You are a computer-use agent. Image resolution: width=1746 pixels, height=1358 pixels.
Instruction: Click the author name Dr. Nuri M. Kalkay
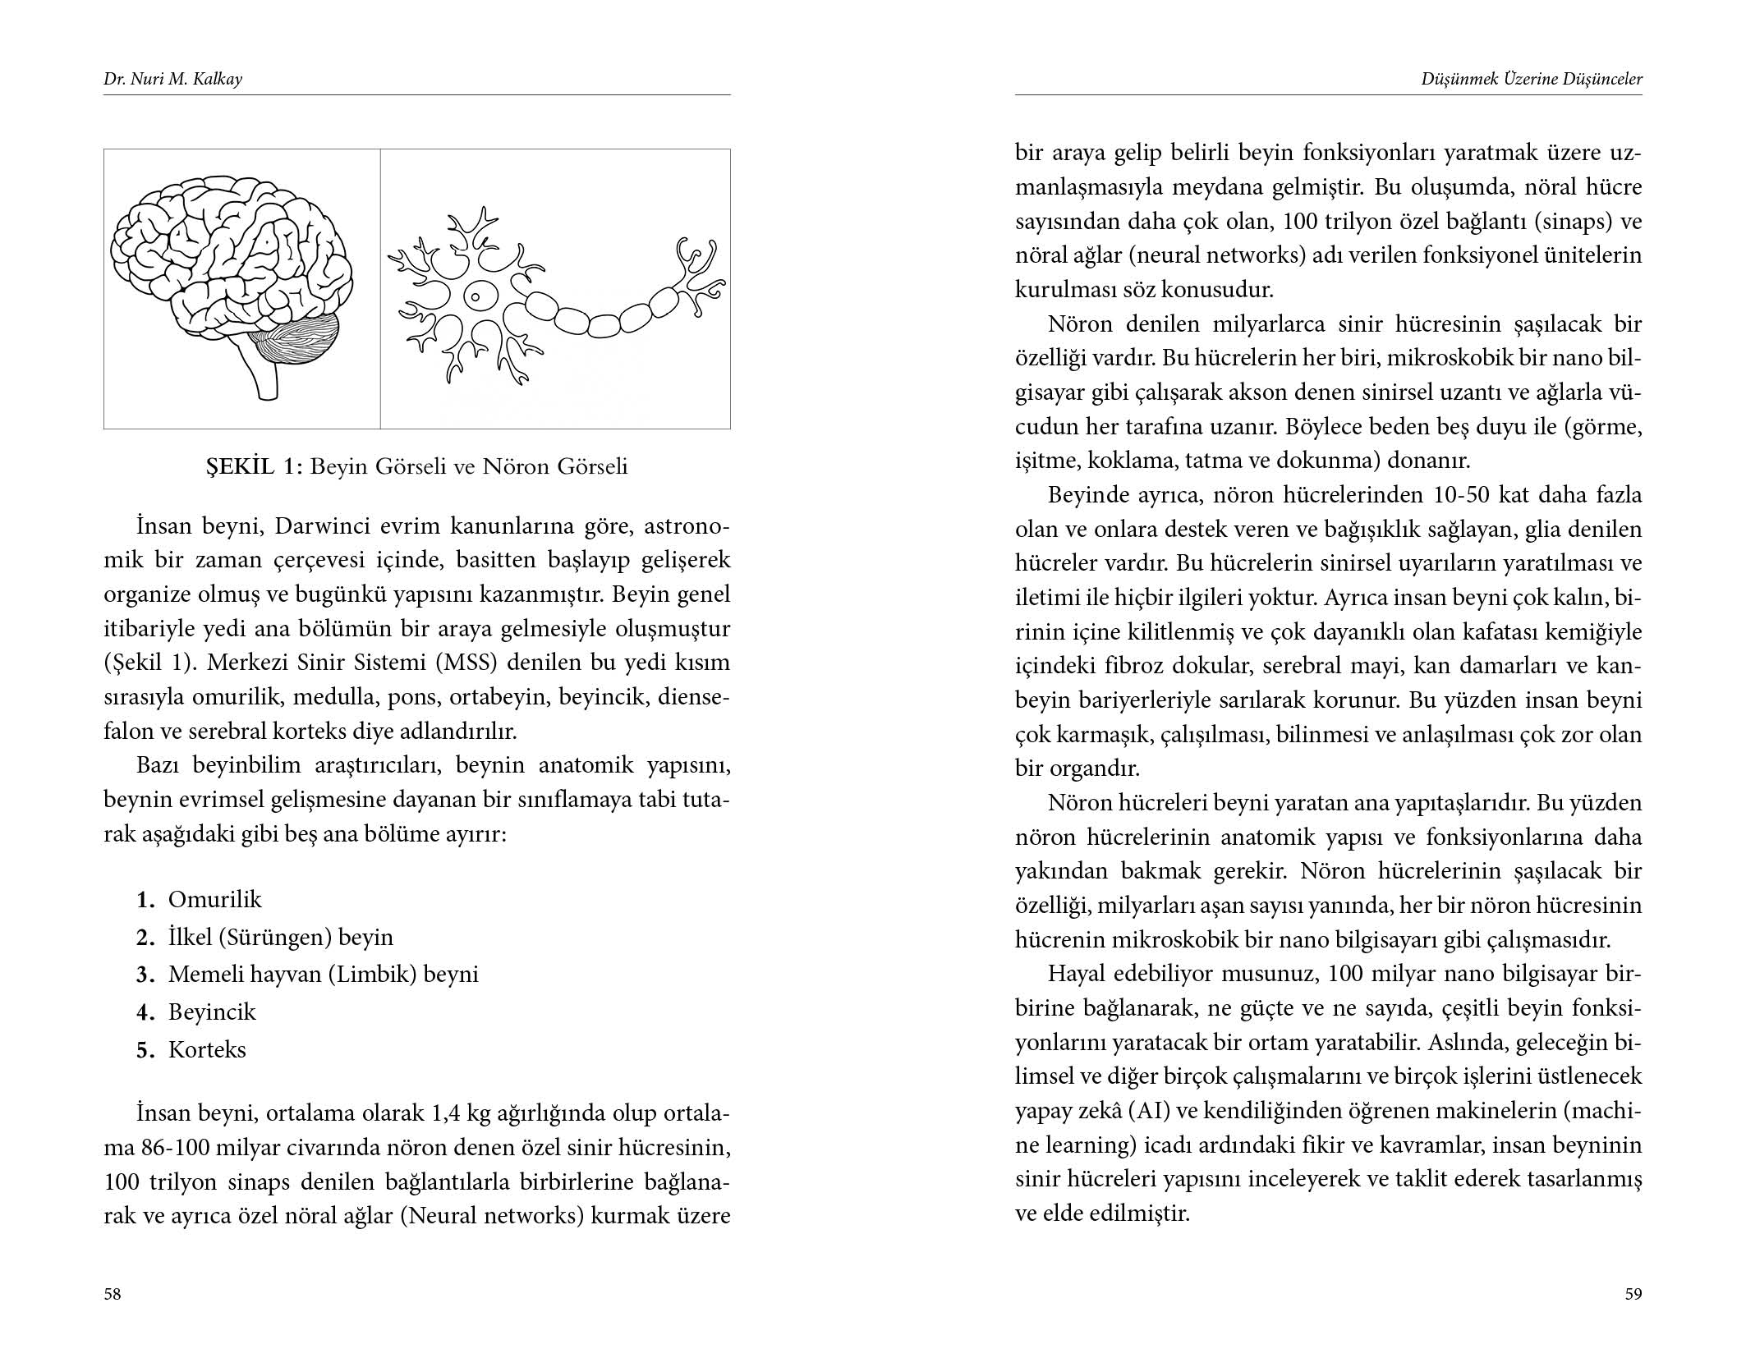[x=172, y=80]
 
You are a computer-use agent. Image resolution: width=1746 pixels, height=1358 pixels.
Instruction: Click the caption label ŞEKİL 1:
[x=255, y=466]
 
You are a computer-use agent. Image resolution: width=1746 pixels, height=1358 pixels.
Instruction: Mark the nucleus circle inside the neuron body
[x=476, y=294]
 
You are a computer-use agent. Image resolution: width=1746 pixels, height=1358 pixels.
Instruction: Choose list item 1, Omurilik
[x=214, y=899]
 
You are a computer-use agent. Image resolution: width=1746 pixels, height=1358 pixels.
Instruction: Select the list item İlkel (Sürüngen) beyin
[x=280, y=937]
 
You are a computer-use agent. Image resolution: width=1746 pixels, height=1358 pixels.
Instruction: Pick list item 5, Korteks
[x=207, y=1049]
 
